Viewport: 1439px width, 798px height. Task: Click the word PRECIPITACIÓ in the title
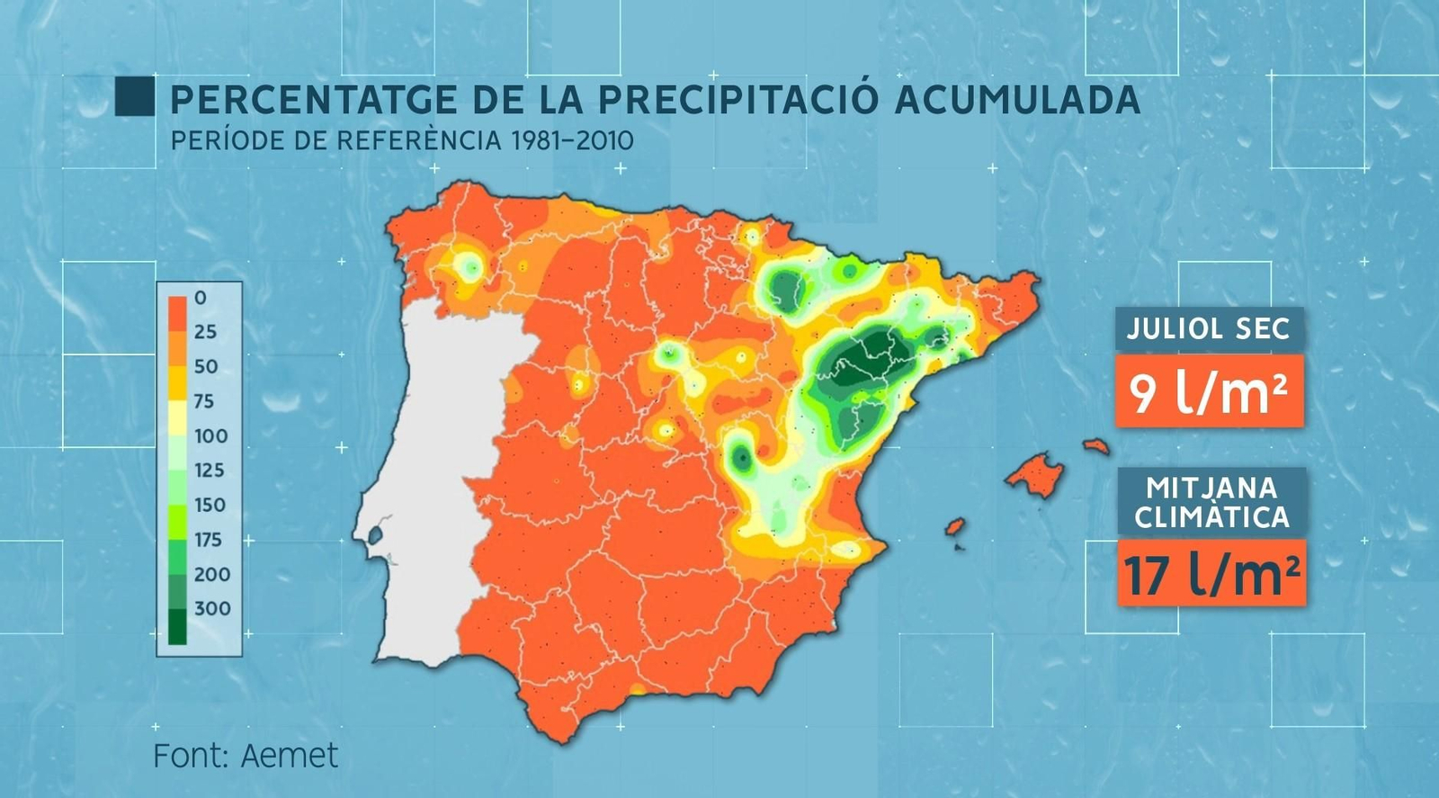(737, 100)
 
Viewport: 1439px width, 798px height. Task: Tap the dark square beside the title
(135, 97)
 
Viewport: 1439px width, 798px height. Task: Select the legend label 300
(212, 608)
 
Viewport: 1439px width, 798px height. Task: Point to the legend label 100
(211, 435)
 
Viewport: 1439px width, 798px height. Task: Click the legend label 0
(200, 298)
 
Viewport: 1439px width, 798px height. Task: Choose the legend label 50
(206, 366)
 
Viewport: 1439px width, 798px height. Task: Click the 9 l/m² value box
(1209, 391)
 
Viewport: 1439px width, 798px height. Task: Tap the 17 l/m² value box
(1211, 573)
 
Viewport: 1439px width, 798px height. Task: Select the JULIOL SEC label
(1209, 329)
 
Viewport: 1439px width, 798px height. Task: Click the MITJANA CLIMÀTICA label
(1211, 503)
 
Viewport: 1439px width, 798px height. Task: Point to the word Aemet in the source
(290, 756)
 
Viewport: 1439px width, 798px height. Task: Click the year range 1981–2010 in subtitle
(572, 141)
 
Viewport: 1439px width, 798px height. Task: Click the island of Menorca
(1096, 445)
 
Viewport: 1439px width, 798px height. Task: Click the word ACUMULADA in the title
(1018, 100)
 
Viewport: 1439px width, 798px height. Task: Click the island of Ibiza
(954, 526)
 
